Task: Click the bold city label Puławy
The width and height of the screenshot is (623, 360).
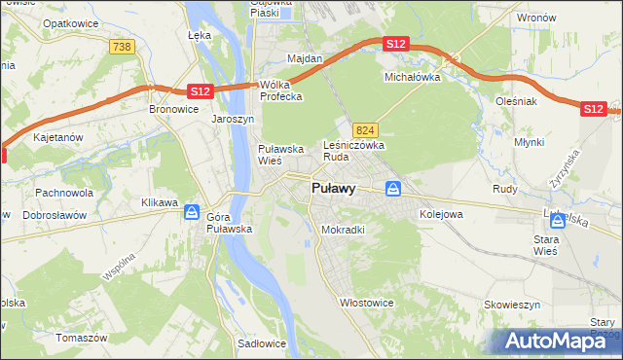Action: pyautogui.click(x=332, y=189)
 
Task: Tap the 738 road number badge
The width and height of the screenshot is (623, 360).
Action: pyautogui.click(x=123, y=47)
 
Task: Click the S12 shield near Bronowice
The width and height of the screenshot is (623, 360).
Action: pyautogui.click(x=200, y=90)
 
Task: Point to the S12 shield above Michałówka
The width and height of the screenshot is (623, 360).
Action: pyautogui.click(x=395, y=45)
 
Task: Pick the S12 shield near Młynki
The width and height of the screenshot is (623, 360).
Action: pyautogui.click(x=593, y=109)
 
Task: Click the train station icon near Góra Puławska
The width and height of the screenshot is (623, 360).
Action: pyautogui.click(x=192, y=211)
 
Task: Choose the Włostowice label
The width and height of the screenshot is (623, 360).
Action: pyautogui.click(x=366, y=302)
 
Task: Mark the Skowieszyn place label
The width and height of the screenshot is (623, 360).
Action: pyautogui.click(x=512, y=305)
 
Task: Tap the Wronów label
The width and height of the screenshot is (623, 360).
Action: pyautogui.click(x=536, y=18)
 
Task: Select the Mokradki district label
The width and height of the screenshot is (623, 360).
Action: pyautogui.click(x=343, y=230)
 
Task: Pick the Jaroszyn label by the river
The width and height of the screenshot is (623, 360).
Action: pyautogui.click(x=233, y=119)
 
